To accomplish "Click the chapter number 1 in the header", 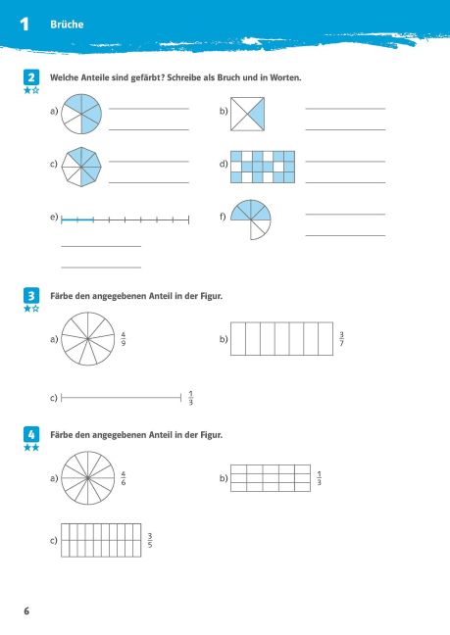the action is click(x=25, y=24).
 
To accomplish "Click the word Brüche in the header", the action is click(x=67, y=24).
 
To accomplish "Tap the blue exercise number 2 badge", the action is click(x=31, y=77).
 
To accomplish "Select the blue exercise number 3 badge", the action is click(x=31, y=296).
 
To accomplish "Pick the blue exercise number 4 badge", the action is click(x=31, y=434).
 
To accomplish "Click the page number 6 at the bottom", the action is click(x=26, y=611).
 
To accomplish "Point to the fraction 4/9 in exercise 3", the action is click(x=124, y=339).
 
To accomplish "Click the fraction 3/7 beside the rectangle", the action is click(x=341, y=339).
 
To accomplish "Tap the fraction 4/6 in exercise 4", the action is click(x=124, y=478).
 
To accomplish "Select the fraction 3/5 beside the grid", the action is click(x=150, y=541).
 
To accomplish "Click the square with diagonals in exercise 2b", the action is click(x=247, y=114).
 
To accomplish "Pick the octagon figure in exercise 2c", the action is click(x=81, y=167).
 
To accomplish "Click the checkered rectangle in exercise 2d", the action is click(x=263, y=167).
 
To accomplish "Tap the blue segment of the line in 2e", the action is click(x=77, y=220).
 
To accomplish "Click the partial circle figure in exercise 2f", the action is click(x=251, y=220).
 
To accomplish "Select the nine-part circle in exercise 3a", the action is click(x=88, y=338).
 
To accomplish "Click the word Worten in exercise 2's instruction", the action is click(x=285, y=77).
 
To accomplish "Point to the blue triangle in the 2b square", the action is click(x=258, y=114).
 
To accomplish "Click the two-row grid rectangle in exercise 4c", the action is click(x=101, y=540).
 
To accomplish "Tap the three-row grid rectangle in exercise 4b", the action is click(x=271, y=478).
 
